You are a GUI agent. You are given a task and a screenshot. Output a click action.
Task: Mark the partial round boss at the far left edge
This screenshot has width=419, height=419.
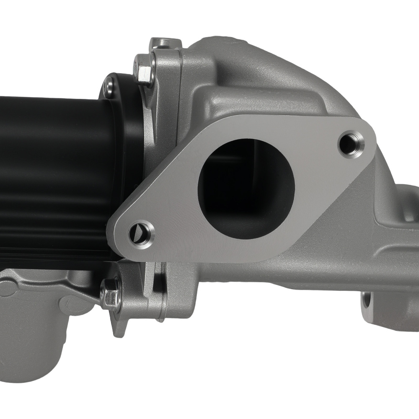[6, 289]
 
